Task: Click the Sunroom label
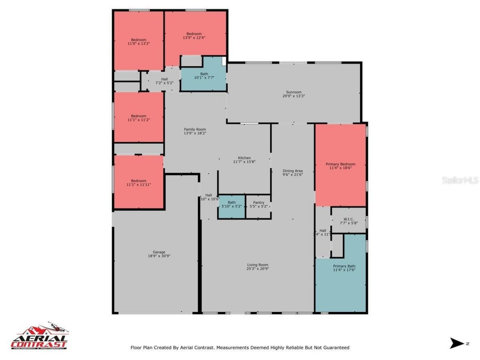(294, 92)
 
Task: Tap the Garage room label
(159, 252)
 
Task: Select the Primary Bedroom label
(340, 164)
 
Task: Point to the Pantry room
(258, 204)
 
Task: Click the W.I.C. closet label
(348, 219)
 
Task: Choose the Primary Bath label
(344, 266)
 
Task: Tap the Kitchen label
(244, 158)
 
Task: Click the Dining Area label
(292, 171)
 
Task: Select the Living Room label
(258, 265)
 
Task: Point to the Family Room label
(195, 130)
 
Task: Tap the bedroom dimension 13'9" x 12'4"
(194, 38)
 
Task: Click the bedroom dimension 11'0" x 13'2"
(139, 44)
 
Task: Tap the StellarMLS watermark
(460, 180)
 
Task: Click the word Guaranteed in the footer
(334, 348)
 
